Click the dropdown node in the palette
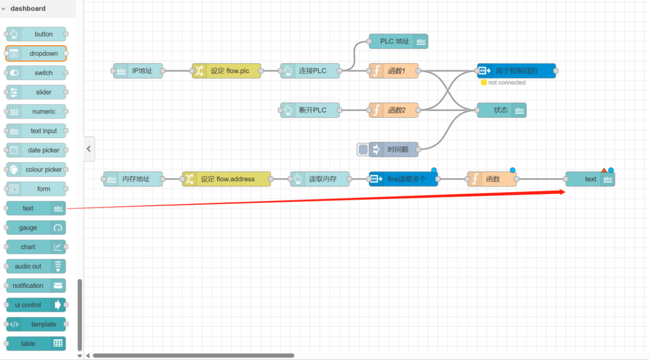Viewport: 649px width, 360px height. (x=36, y=54)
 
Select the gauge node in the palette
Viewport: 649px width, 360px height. (x=36, y=228)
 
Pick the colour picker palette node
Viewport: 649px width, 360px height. (x=36, y=170)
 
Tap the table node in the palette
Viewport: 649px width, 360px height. (x=36, y=344)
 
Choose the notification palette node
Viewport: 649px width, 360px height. (x=36, y=286)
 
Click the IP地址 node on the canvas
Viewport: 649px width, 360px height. (x=138, y=71)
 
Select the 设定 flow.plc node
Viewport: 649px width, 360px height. (x=226, y=71)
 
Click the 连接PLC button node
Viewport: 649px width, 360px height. (x=311, y=71)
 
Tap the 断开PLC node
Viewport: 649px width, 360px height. (x=311, y=110)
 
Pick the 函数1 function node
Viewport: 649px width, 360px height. (x=394, y=71)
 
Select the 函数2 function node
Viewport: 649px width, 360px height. (x=394, y=110)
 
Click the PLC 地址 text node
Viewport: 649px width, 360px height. (x=398, y=42)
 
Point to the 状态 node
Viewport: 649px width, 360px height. (x=501, y=110)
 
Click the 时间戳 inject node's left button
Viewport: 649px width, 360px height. (x=363, y=150)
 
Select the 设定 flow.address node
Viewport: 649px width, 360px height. (x=226, y=179)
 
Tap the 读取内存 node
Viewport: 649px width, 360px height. (x=320, y=179)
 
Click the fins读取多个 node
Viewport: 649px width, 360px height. (x=404, y=179)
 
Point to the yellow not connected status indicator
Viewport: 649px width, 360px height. (x=484, y=82)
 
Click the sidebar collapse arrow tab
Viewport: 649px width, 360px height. (x=89, y=149)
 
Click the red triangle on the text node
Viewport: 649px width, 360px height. (x=603, y=170)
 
